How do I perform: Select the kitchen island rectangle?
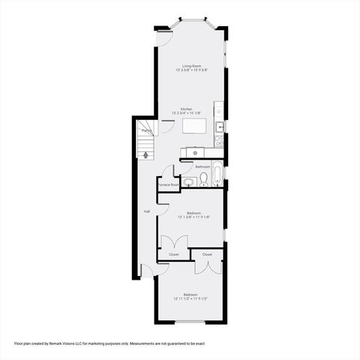tap(193, 127)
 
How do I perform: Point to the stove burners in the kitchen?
tap(219, 139)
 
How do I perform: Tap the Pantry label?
tap(148, 130)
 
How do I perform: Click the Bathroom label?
tap(202, 166)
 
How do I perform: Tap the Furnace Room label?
tap(168, 184)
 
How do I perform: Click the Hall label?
tap(146, 211)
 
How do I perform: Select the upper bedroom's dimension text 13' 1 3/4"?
tap(185, 217)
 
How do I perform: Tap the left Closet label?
tap(173, 254)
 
